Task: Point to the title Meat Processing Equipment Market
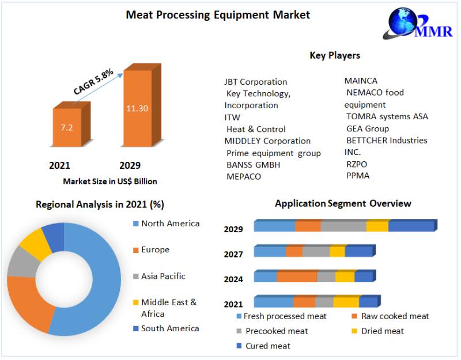[x=218, y=15]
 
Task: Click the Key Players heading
[x=335, y=55]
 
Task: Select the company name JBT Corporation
[x=255, y=81]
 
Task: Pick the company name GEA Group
[x=367, y=128]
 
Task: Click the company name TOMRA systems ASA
[x=387, y=116]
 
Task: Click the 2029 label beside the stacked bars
[x=233, y=229]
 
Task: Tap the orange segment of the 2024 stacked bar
[x=296, y=276]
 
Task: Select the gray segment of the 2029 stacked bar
[x=343, y=226]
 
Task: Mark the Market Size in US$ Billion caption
[x=110, y=181]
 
